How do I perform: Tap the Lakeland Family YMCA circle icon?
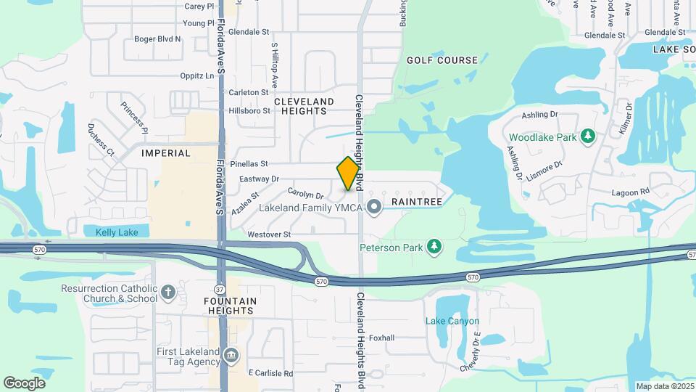374,208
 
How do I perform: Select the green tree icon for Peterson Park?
434,248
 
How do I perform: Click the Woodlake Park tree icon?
588,136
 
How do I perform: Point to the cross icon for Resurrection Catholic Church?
168,293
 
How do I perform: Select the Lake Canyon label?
452,321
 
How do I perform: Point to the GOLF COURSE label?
442,60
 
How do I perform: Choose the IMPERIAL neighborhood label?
166,153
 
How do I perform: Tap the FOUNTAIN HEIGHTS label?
229,306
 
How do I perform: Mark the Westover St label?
268,234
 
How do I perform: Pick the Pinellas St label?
249,164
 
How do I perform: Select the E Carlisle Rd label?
270,373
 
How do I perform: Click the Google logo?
24,383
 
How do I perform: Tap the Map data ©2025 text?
664,386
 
